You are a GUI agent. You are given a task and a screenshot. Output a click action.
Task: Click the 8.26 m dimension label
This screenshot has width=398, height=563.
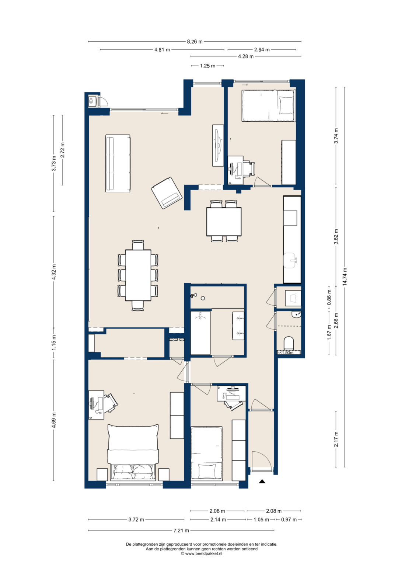click(195, 42)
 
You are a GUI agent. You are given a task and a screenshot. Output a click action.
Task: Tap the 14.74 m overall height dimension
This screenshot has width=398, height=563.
click(345, 276)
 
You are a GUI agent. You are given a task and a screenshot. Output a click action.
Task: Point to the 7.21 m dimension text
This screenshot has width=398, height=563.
click(181, 531)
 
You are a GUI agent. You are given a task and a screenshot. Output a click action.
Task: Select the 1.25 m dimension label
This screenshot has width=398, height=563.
click(207, 66)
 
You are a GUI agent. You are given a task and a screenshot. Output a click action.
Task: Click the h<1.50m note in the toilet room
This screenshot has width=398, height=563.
click(285, 352)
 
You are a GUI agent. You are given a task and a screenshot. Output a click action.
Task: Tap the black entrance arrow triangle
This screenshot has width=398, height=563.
click(262, 481)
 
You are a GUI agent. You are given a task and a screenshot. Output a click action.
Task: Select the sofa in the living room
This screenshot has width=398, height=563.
click(118, 163)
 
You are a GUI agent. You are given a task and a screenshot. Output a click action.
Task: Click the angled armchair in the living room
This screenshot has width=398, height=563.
click(167, 193)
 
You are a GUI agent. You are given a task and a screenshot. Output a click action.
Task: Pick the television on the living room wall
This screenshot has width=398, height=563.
click(218, 146)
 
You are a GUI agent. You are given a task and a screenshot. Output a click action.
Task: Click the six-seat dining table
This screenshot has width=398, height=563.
click(138, 275)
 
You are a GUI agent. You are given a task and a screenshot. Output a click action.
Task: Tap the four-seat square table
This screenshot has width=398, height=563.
click(224, 222)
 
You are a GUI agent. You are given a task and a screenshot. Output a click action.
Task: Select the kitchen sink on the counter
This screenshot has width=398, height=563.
click(291, 261)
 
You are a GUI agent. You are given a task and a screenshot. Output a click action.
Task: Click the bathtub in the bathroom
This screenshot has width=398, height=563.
click(200, 333)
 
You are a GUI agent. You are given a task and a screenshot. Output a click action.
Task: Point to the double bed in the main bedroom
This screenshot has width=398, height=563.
click(133, 453)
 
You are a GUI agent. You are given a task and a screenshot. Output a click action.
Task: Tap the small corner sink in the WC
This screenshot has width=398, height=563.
click(297, 314)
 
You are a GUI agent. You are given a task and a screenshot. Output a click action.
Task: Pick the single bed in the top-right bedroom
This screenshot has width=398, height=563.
click(269, 106)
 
